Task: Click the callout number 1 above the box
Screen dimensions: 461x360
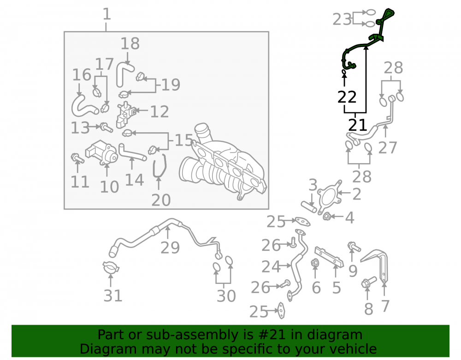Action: point(107,14)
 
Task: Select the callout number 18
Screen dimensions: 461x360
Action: point(130,44)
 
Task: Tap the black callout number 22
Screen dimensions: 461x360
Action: point(347,97)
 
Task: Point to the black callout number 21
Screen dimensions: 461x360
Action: point(358,125)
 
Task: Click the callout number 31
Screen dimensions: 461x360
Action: point(113,295)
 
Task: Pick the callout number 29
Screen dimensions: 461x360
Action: point(170,248)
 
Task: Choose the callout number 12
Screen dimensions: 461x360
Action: point(160,112)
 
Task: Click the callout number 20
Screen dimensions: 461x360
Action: point(161,200)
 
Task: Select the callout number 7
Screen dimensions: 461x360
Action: point(385,306)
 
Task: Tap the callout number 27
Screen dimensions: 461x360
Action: point(388,148)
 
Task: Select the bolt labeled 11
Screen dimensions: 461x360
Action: point(77,158)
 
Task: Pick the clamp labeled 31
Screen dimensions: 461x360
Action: point(111,267)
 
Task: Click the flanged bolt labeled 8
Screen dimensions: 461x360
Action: point(368,282)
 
